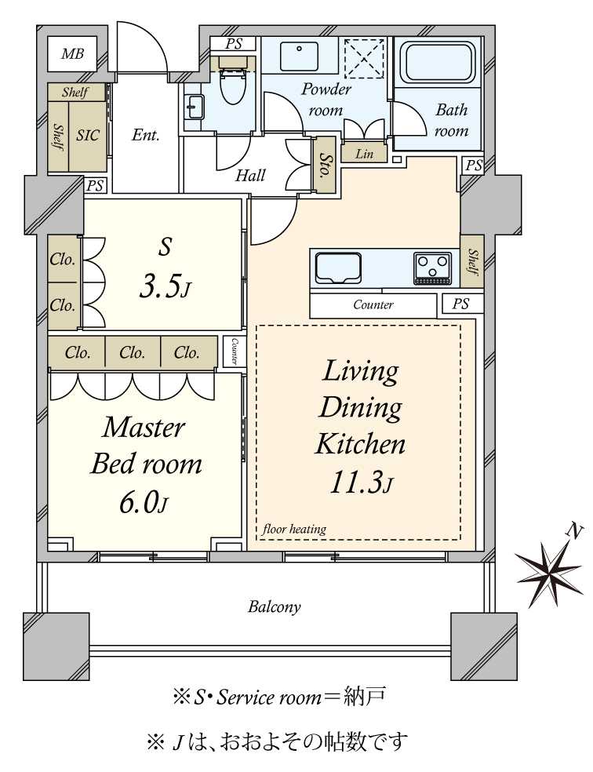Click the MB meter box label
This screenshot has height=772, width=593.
[x=72, y=53]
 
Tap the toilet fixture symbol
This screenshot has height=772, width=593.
[x=233, y=81]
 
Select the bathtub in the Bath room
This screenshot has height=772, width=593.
[x=437, y=64]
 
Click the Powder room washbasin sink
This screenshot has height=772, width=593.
[x=299, y=56]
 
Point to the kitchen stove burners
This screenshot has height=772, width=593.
[x=432, y=268]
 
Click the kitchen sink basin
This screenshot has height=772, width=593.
[x=337, y=268]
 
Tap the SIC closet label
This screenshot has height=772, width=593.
[x=87, y=135]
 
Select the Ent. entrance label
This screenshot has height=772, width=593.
[x=145, y=135]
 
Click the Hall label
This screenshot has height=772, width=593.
[x=250, y=175]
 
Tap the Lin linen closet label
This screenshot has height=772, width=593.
[x=364, y=154]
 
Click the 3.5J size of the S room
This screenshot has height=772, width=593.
[x=164, y=287]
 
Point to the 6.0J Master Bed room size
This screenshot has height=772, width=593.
[x=144, y=503]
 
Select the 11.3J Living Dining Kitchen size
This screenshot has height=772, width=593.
[x=361, y=482]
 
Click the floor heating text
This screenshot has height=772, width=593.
[x=294, y=530]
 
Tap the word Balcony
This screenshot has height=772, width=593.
[x=274, y=606]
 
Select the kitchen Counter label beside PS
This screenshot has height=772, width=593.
[x=373, y=304]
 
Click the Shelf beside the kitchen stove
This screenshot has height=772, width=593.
[x=472, y=261]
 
